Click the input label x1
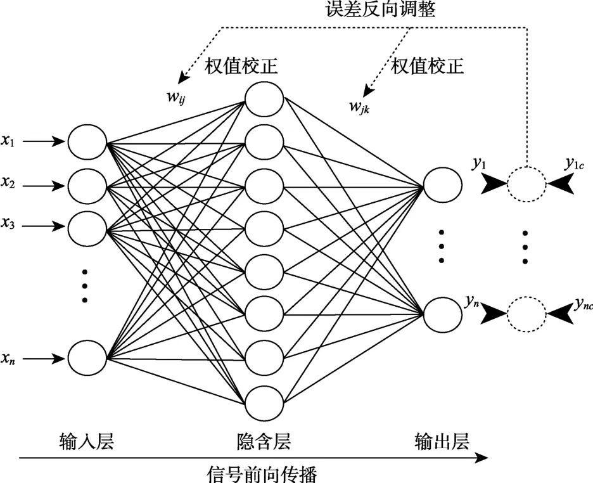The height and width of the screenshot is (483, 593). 8,141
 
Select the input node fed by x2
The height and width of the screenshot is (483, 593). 87,186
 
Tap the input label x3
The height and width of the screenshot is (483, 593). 8,225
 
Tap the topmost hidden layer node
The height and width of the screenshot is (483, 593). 264,100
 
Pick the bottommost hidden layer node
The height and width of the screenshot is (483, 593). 264,401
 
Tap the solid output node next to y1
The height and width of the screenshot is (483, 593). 442,184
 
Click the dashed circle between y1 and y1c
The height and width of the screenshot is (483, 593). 526,184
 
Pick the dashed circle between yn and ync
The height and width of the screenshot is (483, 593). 526,313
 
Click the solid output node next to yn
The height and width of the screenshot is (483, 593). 442,313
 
